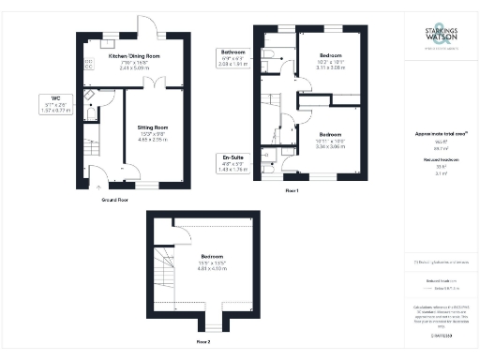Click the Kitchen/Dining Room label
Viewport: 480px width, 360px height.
pos(134,62)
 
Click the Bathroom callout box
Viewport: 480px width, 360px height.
pos(232,56)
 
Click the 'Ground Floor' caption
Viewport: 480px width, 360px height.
pos(114,200)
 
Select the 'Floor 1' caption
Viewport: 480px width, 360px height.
pos(292,191)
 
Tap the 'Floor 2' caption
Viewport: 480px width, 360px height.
pos(203,342)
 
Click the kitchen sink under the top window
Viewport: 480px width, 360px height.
pos(109,43)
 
